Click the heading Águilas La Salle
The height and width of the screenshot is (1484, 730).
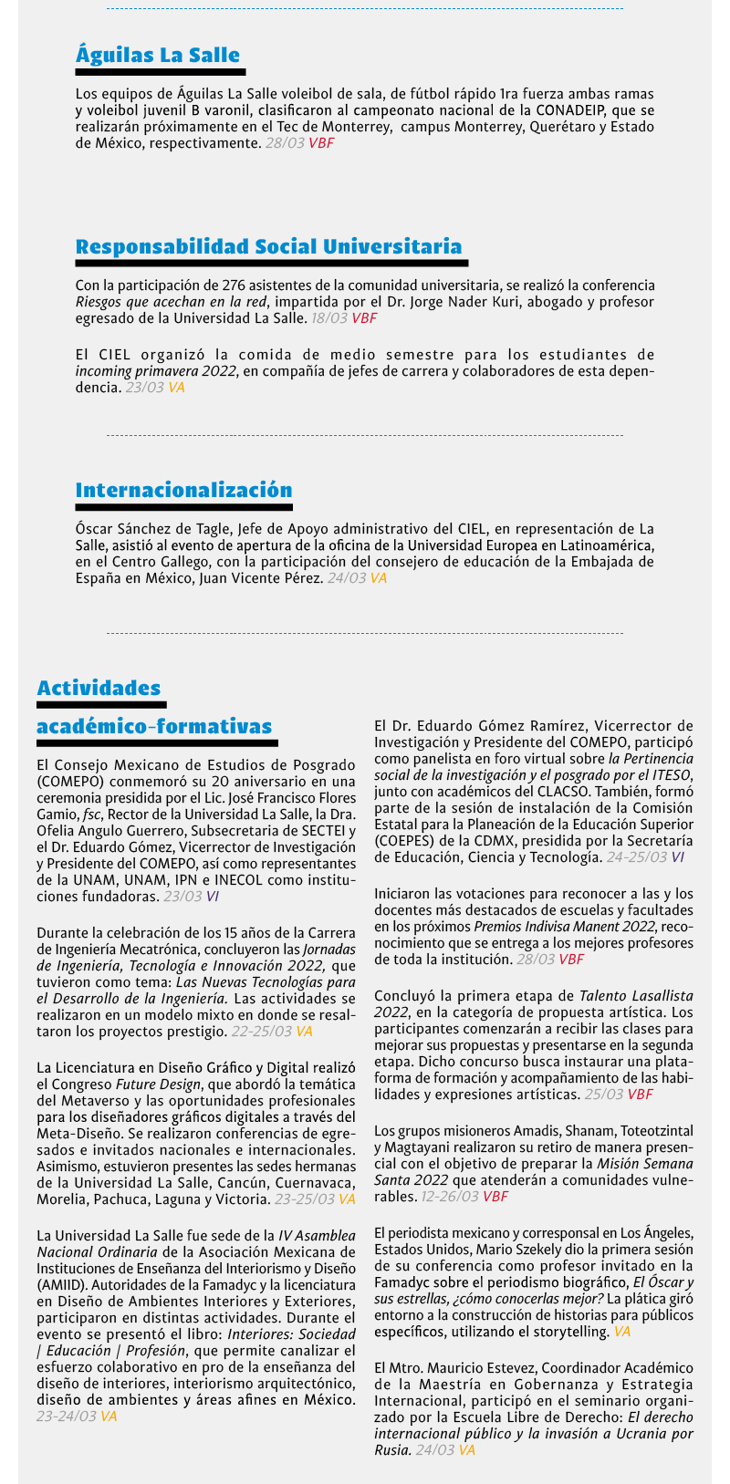[x=157, y=55]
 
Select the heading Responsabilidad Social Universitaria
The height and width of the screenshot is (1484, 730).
[x=268, y=246]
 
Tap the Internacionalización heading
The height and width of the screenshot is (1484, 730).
[x=183, y=490]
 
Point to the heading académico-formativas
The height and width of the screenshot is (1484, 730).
[x=154, y=726]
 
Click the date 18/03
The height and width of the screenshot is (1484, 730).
[x=329, y=318]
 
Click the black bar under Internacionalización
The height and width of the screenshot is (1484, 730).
[x=183, y=507]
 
